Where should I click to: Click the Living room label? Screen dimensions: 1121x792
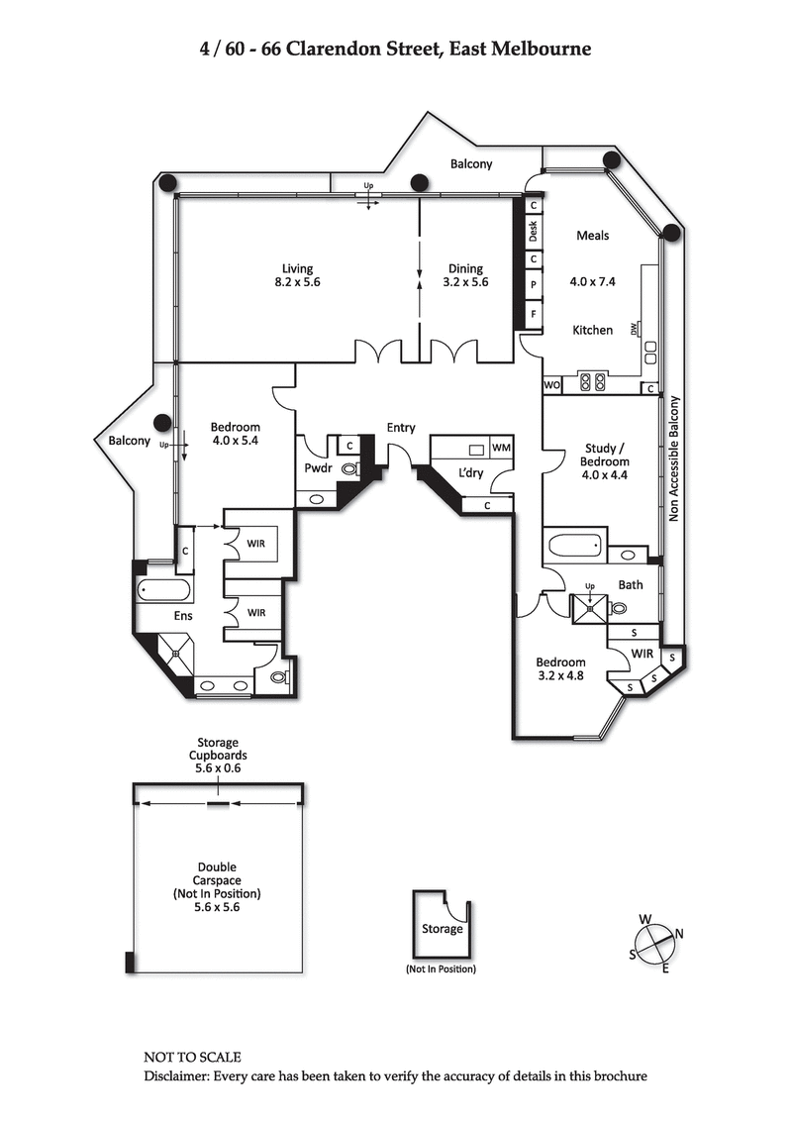pos(297,275)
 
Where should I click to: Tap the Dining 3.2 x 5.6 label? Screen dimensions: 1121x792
pos(465,275)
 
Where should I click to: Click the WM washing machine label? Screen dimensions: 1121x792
pos(500,449)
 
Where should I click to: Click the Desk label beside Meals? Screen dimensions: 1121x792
pos(533,232)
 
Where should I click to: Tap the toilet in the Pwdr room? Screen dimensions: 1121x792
pos(349,469)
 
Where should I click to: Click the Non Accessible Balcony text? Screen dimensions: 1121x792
pos(675,459)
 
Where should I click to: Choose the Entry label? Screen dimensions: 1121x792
pos(401,428)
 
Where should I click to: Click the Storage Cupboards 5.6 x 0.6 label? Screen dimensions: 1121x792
pos(216,755)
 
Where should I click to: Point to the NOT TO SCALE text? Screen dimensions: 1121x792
pos(192,1058)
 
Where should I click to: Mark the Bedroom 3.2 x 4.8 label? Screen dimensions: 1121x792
pos(560,669)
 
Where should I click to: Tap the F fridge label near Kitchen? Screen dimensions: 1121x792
pos(534,314)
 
